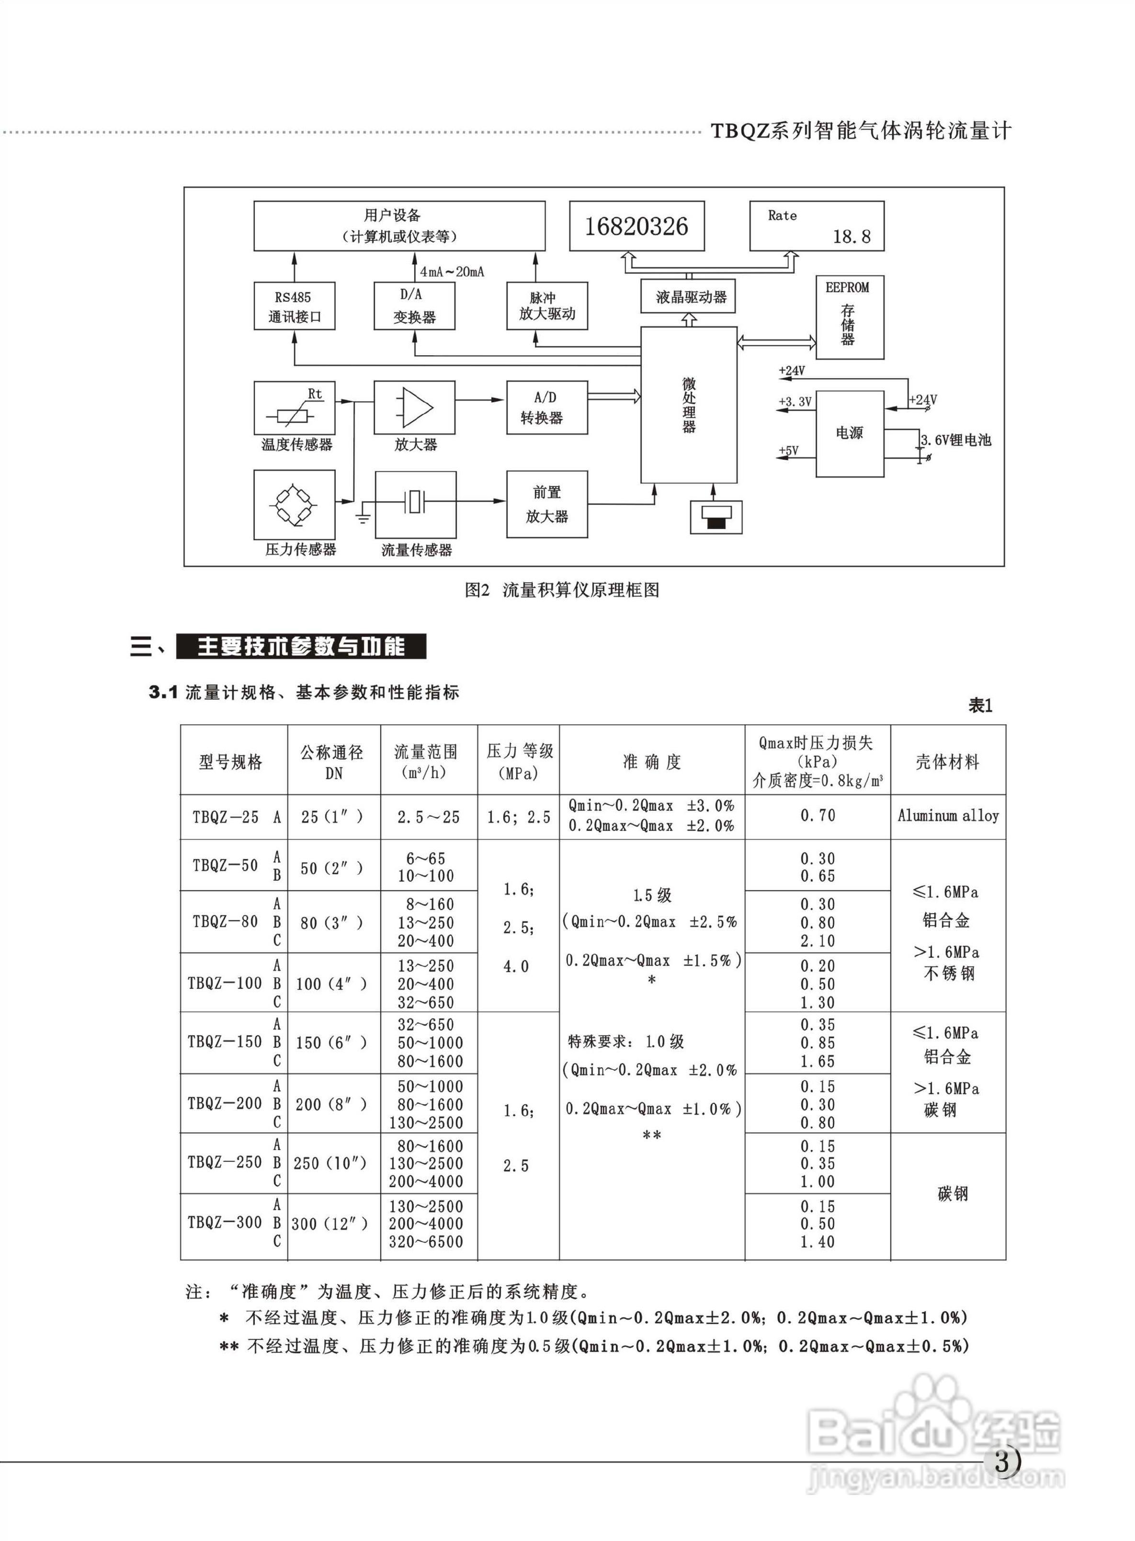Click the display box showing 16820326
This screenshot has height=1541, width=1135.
(636, 226)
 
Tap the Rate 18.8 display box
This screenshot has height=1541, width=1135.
(816, 226)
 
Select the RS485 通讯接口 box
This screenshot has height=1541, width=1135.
(294, 306)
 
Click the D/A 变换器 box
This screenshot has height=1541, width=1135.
(414, 306)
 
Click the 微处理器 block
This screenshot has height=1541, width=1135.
(688, 405)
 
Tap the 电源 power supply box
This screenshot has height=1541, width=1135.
(849, 433)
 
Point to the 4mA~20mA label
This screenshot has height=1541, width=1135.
(452, 272)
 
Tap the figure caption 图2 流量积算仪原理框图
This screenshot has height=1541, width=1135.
(562, 589)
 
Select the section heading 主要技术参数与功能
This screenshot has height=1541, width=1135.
(301, 646)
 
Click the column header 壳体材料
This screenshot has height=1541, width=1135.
(947, 761)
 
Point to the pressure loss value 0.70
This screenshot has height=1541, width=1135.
(817, 816)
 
